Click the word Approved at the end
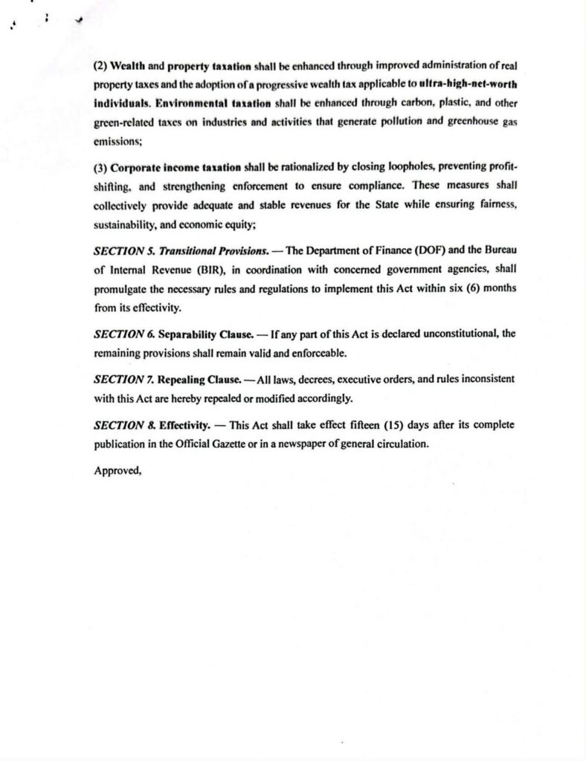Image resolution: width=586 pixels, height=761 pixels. pyautogui.click(x=117, y=470)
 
